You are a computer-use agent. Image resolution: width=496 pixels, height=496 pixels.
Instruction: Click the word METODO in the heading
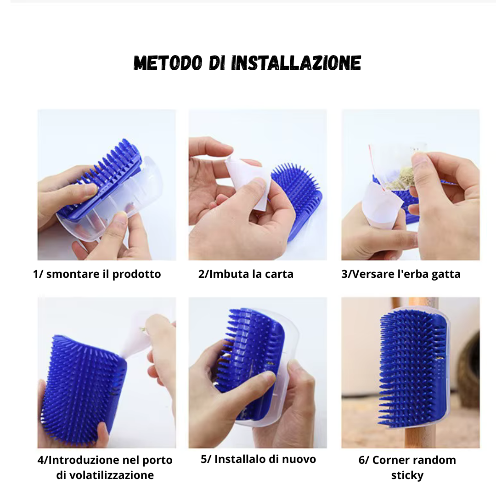tap(168, 62)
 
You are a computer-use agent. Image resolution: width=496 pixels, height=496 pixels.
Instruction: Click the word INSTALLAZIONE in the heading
tap(296, 62)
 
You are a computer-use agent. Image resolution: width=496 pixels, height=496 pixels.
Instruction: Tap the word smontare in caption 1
tap(73, 274)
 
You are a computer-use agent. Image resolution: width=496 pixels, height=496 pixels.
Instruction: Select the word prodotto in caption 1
tap(136, 274)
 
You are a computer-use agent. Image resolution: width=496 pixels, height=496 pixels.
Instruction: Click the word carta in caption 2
tap(279, 274)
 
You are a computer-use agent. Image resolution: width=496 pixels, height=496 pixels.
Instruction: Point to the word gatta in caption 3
tap(445, 275)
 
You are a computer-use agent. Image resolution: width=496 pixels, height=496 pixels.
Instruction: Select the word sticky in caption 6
tap(407, 475)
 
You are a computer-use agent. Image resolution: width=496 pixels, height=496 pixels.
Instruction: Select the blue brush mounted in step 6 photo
tap(413, 368)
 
